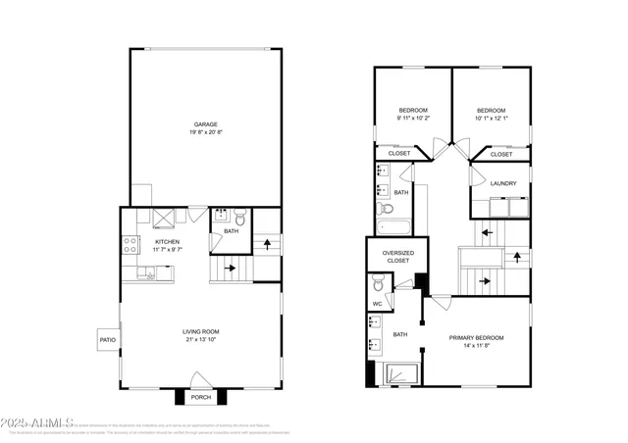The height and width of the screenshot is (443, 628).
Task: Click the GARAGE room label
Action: point(205,124)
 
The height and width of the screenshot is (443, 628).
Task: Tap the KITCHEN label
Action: point(167,241)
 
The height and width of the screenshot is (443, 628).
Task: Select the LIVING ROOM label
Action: point(200,334)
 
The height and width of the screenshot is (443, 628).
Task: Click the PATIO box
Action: point(107,340)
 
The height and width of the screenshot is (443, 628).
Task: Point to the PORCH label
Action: point(201,397)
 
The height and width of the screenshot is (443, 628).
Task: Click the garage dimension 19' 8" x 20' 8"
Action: point(205,132)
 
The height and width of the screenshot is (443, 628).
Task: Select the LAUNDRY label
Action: point(504,183)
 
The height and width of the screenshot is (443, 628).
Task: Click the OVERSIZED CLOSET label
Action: point(398,257)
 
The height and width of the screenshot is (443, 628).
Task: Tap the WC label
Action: point(377,305)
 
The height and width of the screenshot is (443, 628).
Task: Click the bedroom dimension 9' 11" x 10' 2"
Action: point(413,118)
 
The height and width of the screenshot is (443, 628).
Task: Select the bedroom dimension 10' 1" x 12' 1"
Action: point(491,118)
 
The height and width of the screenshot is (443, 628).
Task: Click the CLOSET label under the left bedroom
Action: point(399,153)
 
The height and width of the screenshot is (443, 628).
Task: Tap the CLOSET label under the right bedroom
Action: point(501,154)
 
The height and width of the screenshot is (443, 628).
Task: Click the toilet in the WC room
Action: point(378,287)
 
